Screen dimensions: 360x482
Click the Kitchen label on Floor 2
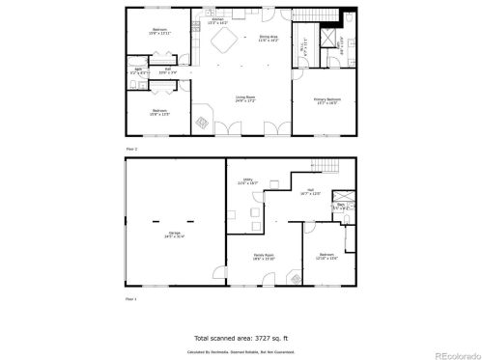click(x=217, y=19)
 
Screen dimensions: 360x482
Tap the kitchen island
click(x=228, y=41)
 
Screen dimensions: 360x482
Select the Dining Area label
click(x=269, y=39)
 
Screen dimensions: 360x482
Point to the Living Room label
click(x=244, y=97)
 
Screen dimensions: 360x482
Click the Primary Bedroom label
click(x=327, y=100)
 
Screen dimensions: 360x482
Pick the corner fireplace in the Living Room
click(x=203, y=122)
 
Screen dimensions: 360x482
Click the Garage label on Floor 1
click(x=175, y=234)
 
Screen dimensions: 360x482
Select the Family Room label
click(x=264, y=257)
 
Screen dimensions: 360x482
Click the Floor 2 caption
click(x=132, y=149)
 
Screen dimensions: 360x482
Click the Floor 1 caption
click(x=132, y=300)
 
